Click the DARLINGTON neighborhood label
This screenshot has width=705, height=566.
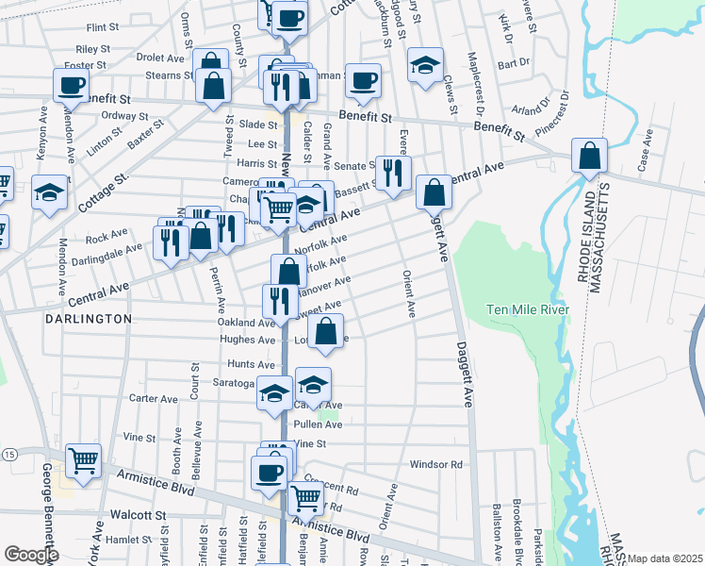89,319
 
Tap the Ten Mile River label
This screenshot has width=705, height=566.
529,309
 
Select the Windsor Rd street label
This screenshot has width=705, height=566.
436,464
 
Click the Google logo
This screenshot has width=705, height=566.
31,554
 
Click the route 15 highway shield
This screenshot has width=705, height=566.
8,455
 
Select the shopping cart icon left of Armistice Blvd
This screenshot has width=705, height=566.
84,461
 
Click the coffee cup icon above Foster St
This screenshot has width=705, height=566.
71,84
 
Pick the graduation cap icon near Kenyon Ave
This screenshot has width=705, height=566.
50,192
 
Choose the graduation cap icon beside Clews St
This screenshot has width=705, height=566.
425,64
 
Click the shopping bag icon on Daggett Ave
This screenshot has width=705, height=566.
434,192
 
